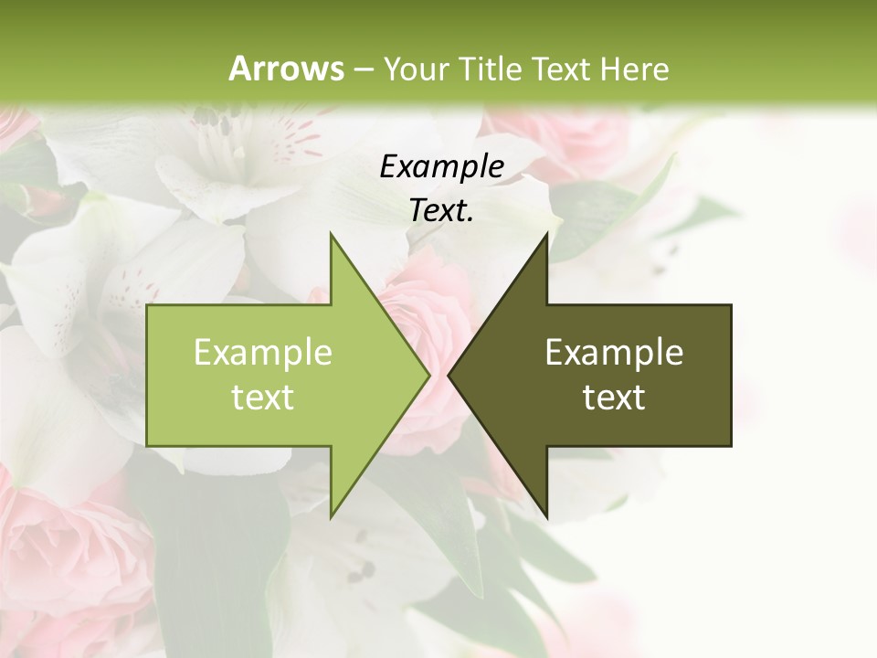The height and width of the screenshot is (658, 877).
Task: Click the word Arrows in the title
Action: pos(286,69)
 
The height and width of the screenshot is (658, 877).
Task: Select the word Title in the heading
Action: pos(490,69)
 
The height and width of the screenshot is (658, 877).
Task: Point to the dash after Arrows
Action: pos(363,70)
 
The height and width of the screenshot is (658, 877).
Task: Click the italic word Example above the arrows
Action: pos(441,167)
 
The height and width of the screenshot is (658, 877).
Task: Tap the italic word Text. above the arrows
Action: pos(441,211)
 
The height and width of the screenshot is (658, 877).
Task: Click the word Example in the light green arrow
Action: pos(263,353)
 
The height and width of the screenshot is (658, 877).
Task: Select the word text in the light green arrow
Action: pos(263,398)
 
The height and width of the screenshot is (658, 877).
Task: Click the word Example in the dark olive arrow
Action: pos(614,353)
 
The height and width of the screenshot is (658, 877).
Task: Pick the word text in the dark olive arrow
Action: pos(614,398)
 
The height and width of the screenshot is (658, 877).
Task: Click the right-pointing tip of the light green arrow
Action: pos(428,375)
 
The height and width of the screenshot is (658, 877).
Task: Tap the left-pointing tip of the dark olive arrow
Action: pos(450,375)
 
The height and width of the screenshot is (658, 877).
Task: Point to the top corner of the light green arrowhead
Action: pos(332,235)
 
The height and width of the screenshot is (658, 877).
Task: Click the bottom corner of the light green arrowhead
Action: pos(332,515)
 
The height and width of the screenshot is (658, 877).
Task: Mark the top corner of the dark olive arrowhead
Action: pos(546,235)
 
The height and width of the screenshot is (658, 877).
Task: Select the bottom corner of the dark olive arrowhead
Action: pos(546,515)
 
